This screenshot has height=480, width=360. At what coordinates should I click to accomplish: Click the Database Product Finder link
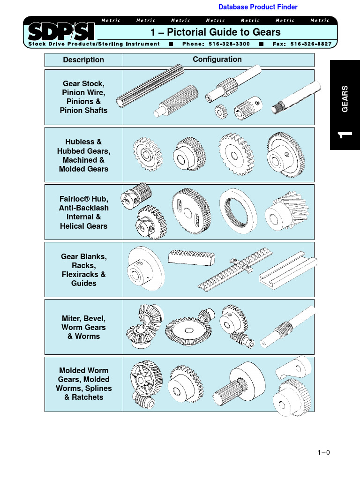258,7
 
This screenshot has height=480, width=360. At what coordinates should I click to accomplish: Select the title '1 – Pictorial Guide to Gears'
215,32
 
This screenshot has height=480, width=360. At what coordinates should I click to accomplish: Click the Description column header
83,60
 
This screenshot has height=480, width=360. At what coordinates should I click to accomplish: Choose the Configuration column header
217,60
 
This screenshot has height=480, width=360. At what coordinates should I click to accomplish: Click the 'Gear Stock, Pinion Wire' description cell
83,97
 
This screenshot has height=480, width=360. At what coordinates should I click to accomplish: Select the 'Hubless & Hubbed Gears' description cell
83,155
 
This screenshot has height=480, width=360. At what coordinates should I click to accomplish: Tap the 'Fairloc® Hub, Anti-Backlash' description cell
83,212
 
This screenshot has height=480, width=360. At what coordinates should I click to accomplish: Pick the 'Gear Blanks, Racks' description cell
83,270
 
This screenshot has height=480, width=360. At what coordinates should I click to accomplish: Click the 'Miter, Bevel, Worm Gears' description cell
83,327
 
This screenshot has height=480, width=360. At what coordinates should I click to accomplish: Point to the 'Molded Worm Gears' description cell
83,384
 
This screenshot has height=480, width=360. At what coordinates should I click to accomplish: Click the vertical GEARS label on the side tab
345,98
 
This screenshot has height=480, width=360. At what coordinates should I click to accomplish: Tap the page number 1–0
323,452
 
